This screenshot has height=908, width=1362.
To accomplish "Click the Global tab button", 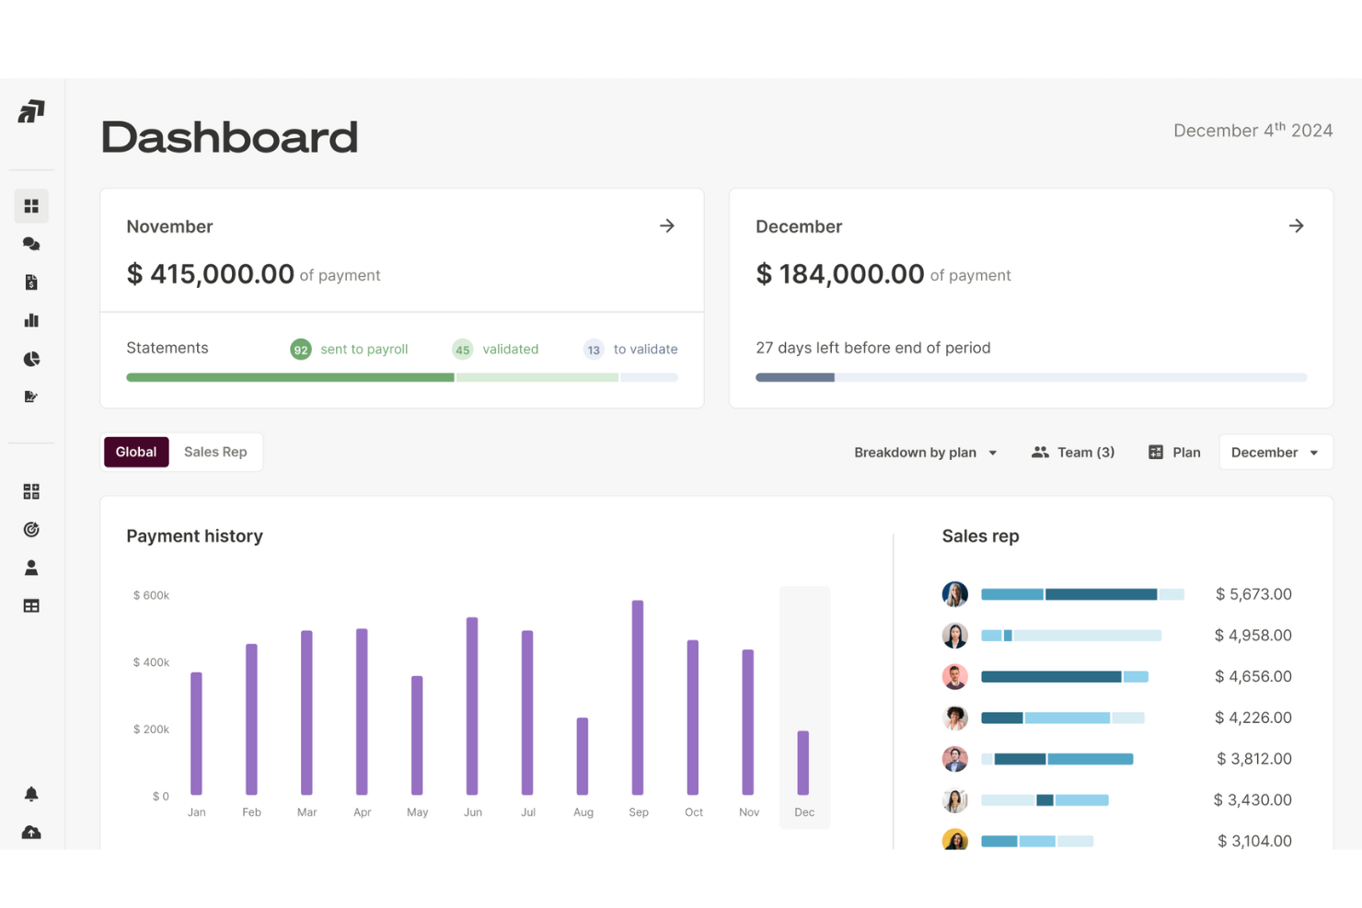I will coord(136,452).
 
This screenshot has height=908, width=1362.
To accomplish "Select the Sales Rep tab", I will coord(215,452).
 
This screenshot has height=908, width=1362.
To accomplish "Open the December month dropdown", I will coord(1275,453).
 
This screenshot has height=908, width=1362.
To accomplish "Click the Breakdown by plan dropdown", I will coord(925,453).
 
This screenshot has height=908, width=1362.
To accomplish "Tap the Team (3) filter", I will coord(1073,453).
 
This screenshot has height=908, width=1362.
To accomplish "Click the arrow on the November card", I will coord(667,226).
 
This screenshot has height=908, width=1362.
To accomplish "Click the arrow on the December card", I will coord(1296,226).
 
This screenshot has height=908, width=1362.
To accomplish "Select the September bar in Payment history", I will coord(638,697).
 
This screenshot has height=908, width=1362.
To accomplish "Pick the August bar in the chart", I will coord(583,755).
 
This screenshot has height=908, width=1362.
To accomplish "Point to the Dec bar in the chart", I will coord(803,763).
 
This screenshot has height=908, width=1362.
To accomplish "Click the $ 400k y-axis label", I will coord(151,662).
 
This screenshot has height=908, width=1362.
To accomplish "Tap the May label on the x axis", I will coord(418,812).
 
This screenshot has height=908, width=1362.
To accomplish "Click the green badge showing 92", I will coord(301,350).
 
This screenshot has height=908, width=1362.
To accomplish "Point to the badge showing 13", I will coord(594,350).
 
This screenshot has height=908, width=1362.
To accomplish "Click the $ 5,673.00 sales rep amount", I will coord(1253,594).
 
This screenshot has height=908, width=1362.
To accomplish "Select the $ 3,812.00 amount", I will coord(1253,759).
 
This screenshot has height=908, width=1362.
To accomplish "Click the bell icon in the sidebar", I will coord(31,794).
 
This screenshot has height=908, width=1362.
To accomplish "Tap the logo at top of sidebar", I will coord(31,112).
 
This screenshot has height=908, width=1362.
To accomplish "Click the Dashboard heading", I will coord(229,137).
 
